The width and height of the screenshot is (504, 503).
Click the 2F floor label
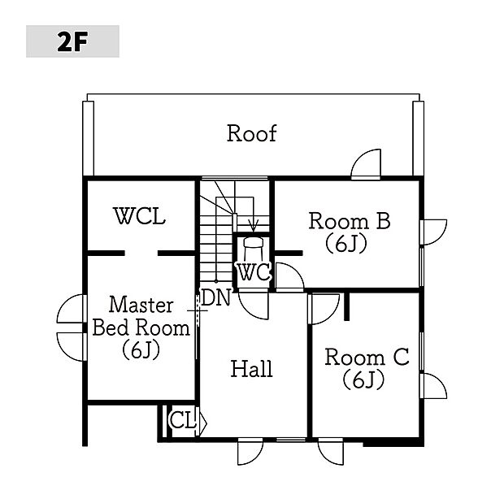72,41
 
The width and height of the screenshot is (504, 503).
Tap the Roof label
251,133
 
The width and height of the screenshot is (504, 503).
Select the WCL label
139,217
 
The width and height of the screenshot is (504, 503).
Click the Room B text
350,220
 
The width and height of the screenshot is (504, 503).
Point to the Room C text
366,358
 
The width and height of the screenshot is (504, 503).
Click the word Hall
251,369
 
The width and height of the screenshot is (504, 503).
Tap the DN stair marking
216,297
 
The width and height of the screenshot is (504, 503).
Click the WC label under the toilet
254,272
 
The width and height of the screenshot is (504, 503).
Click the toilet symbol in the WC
253,243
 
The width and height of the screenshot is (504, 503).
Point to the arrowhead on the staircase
253,228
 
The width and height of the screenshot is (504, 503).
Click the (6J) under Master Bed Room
141,350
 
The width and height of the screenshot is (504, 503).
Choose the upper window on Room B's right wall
433,232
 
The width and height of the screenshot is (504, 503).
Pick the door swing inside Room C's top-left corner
324,306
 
